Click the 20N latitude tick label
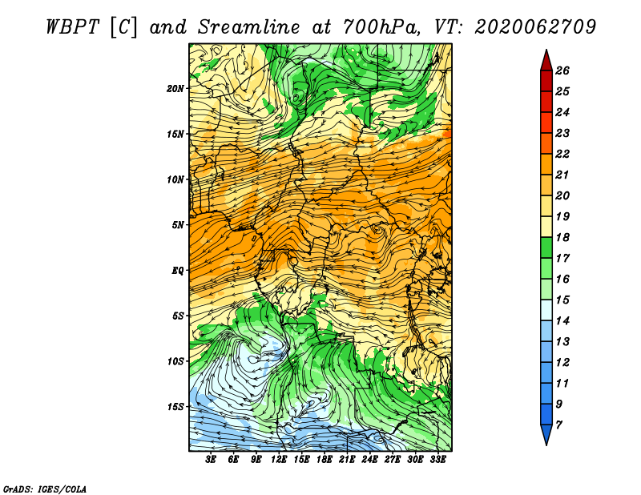[175, 89]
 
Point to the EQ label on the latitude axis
[178, 271]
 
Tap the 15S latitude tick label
[175, 407]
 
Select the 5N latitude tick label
[178, 225]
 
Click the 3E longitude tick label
[211, 460]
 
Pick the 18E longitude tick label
[325, 460]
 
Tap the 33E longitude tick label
[437, 460]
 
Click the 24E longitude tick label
[369, 460]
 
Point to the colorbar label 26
[562, 70]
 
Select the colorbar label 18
[562, 237]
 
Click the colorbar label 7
[558, 425]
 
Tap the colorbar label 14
[562, 321]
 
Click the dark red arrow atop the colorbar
[546, 61]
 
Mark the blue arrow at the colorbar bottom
[546, 434]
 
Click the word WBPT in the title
[72, 27]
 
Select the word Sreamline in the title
[249, 27]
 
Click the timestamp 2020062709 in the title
[535, 27]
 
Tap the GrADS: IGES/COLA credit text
[45, 489]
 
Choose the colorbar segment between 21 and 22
[546, 164]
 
